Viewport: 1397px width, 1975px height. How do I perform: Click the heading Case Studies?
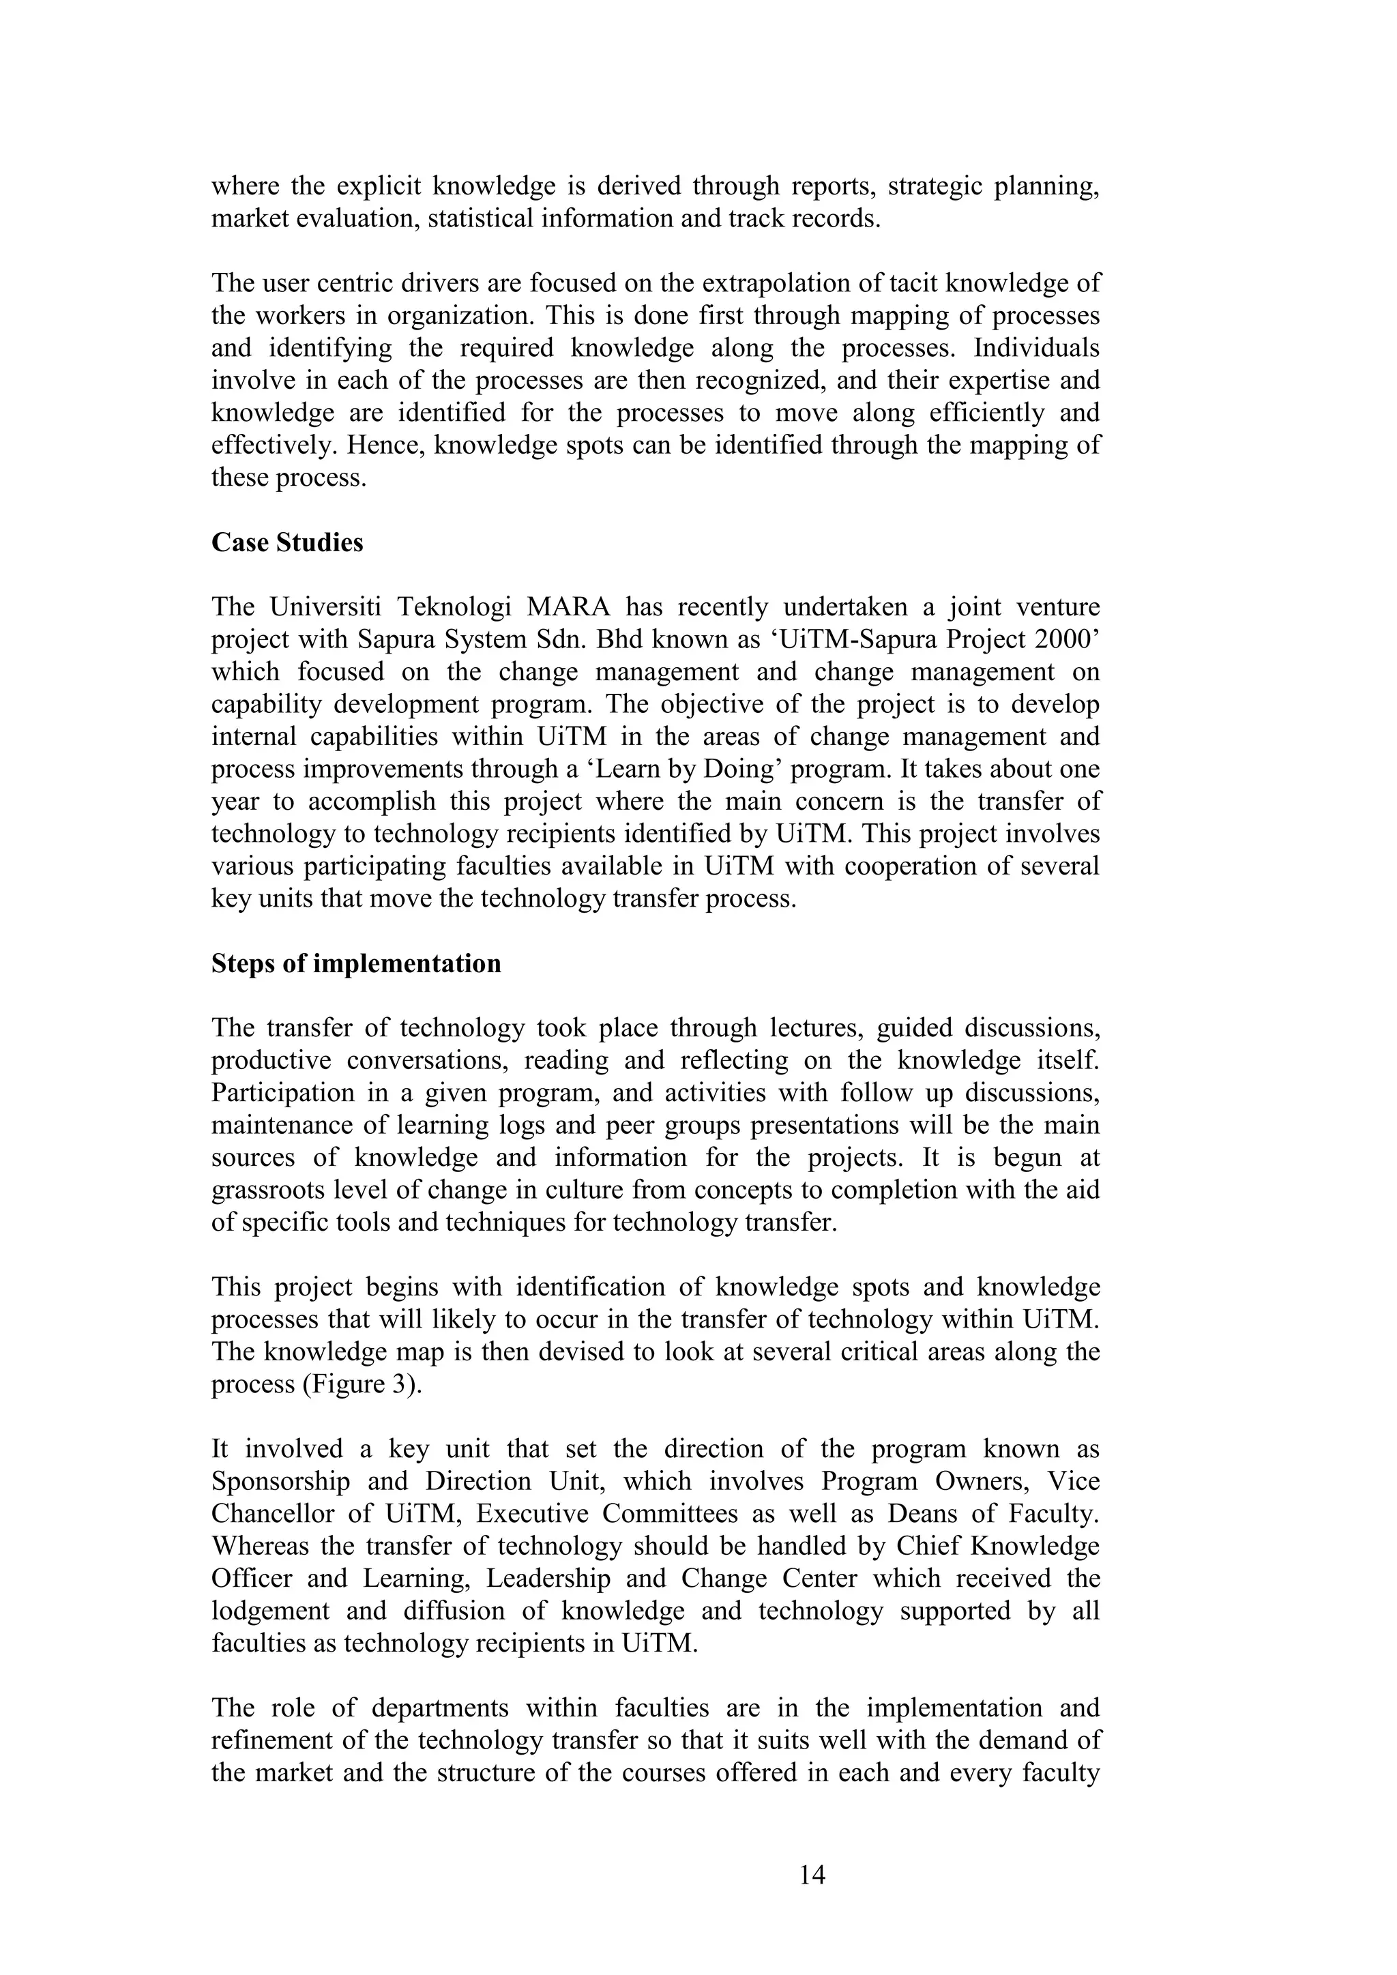coord(287,543)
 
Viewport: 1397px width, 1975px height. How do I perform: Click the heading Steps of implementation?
coord(356,963)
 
